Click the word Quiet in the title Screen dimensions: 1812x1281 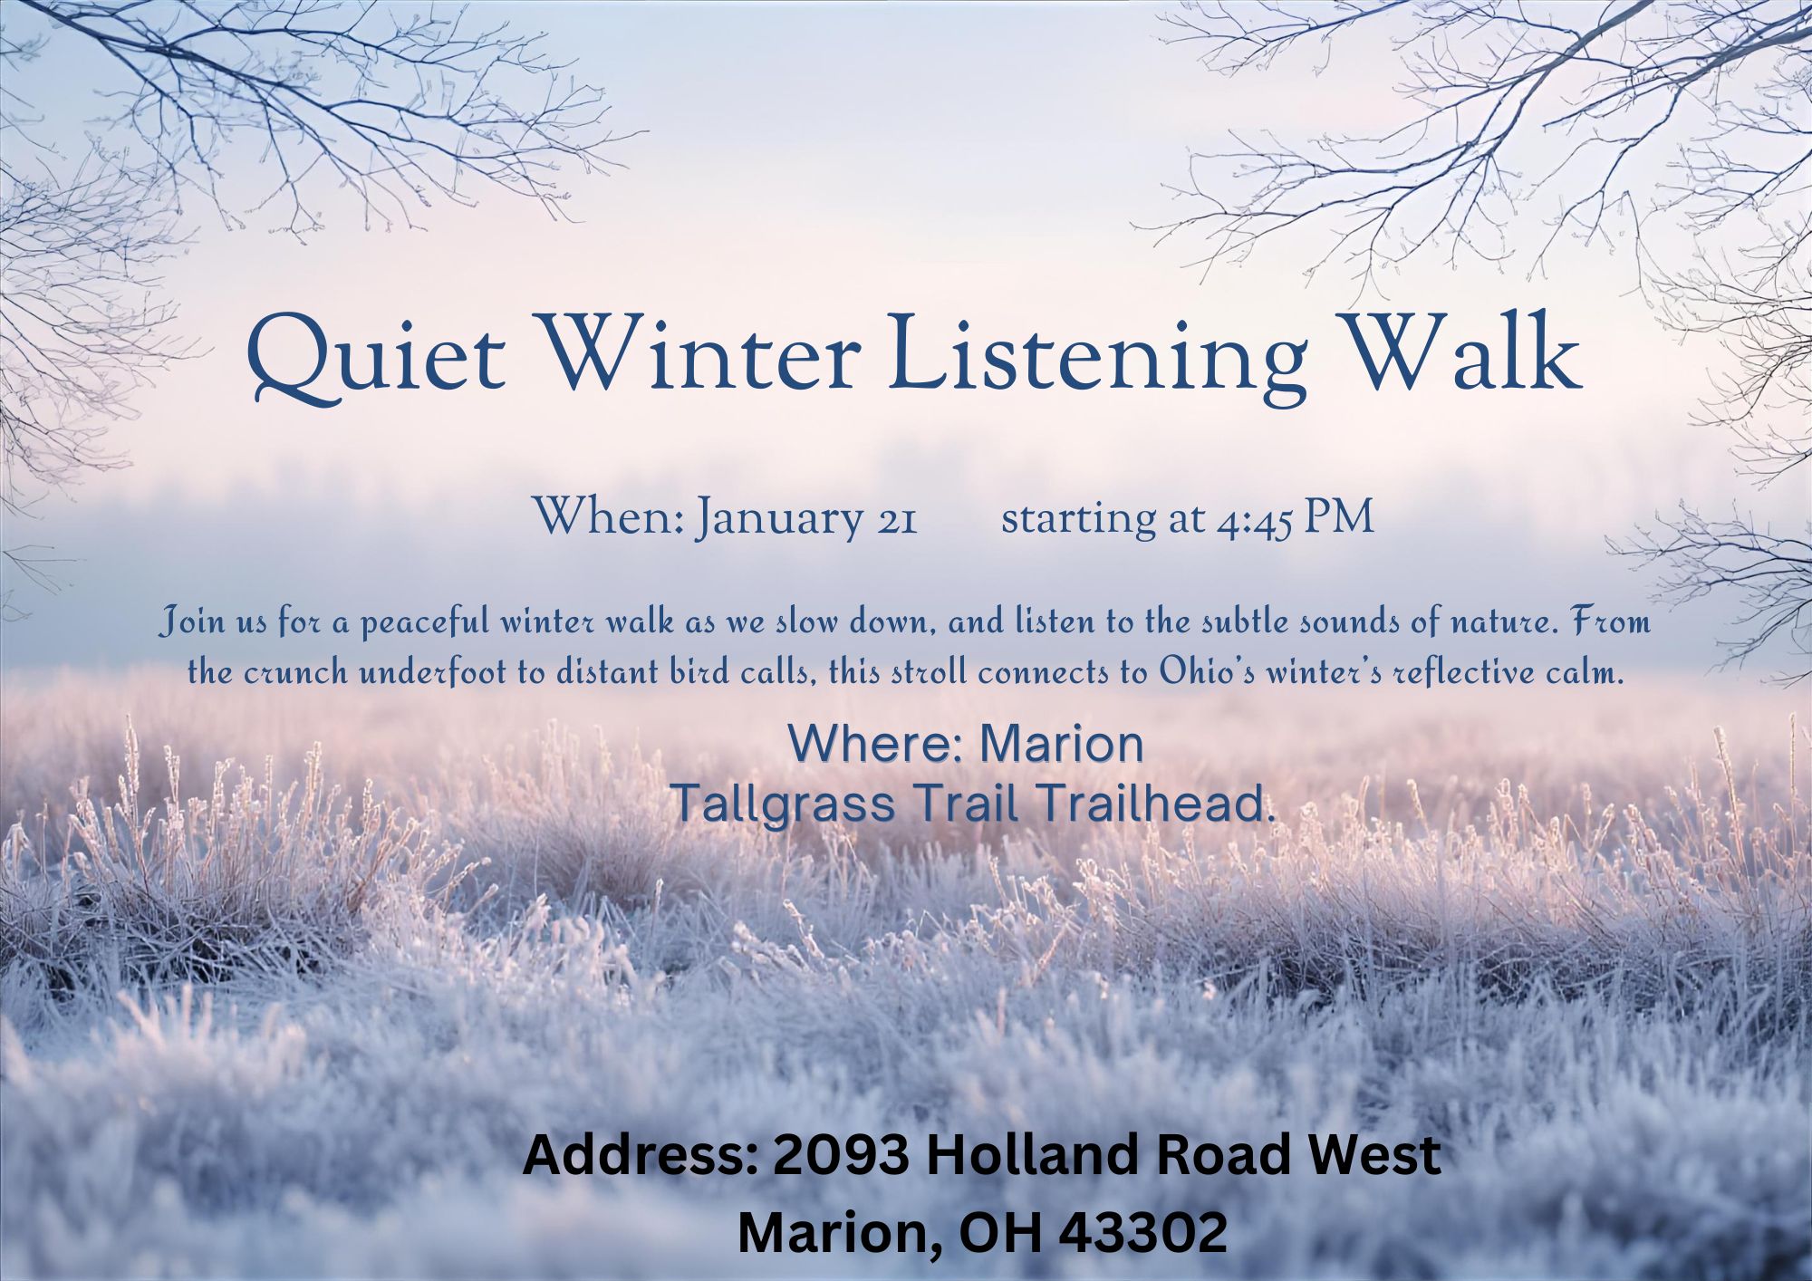coord(375,356)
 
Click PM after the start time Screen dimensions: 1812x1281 coord(1338,517)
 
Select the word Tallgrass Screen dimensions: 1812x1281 coord(785,804)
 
